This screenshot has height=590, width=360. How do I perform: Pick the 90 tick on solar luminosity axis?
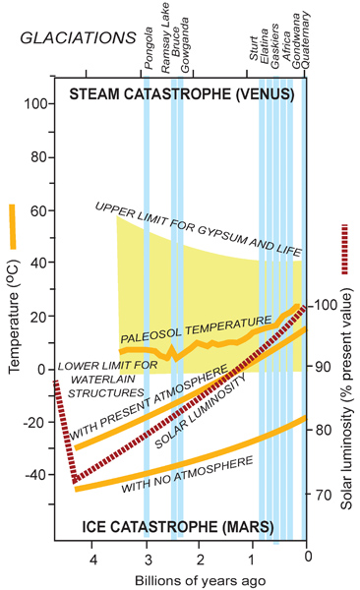(323, 367)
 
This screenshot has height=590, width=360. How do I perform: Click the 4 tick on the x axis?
(94, 560)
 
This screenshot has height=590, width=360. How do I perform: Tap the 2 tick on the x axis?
(201, 560)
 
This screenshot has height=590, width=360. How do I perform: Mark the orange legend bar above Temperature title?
(13, 224)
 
